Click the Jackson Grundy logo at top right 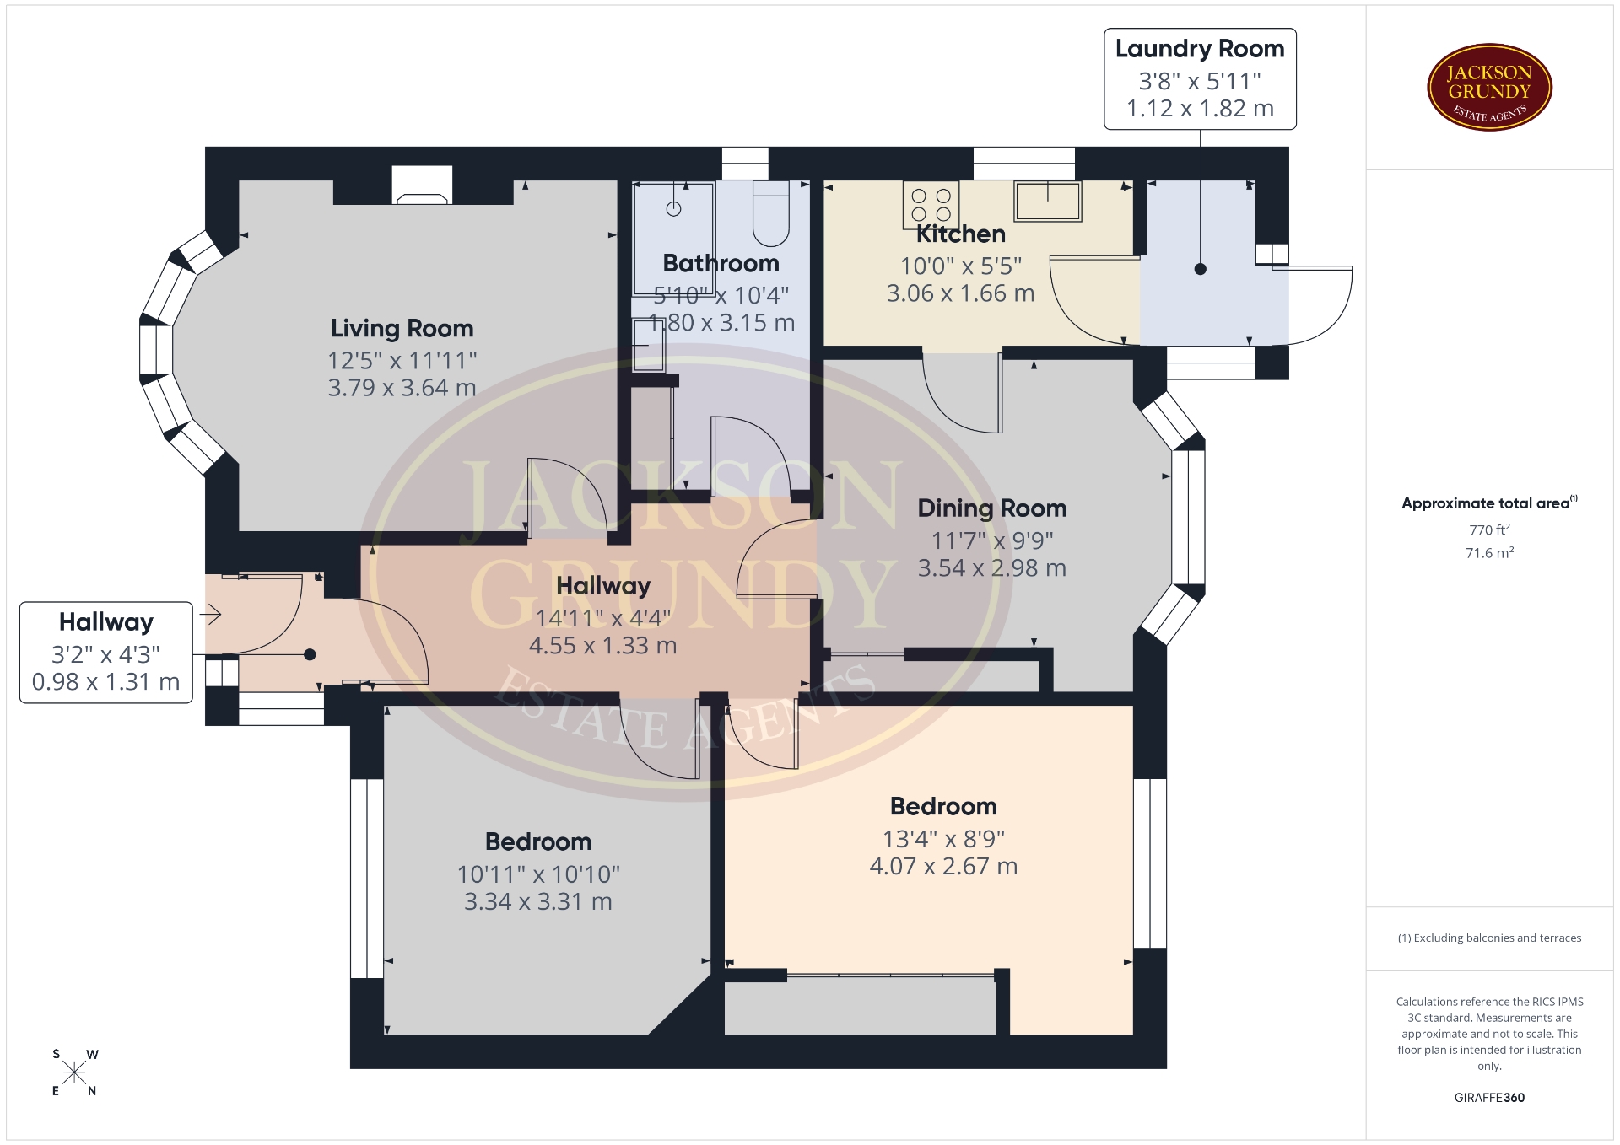[x=1489, y=88]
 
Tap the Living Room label [x=402, y=328]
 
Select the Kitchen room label [x=960, y=234]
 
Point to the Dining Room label [x=991, y=508]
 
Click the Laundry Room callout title [x=1200, y=49]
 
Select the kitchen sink [x=1048, y=201]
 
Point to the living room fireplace [x=422, y=185]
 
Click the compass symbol [x=74, y=1072]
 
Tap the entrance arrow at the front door [x=210, y=614]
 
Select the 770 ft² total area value [x=1489, y=529]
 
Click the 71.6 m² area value [x=1489, y=553]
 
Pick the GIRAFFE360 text [x=1489, y=1098]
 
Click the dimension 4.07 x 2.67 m [x=943, y=866]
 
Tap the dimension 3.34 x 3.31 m [x=538, y=901]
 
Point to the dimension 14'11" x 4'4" [x=603, y=618]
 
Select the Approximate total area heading [x=1489, y=503]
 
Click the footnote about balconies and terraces [x=1489, y=938]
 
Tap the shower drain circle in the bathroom [x=674, y=209]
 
